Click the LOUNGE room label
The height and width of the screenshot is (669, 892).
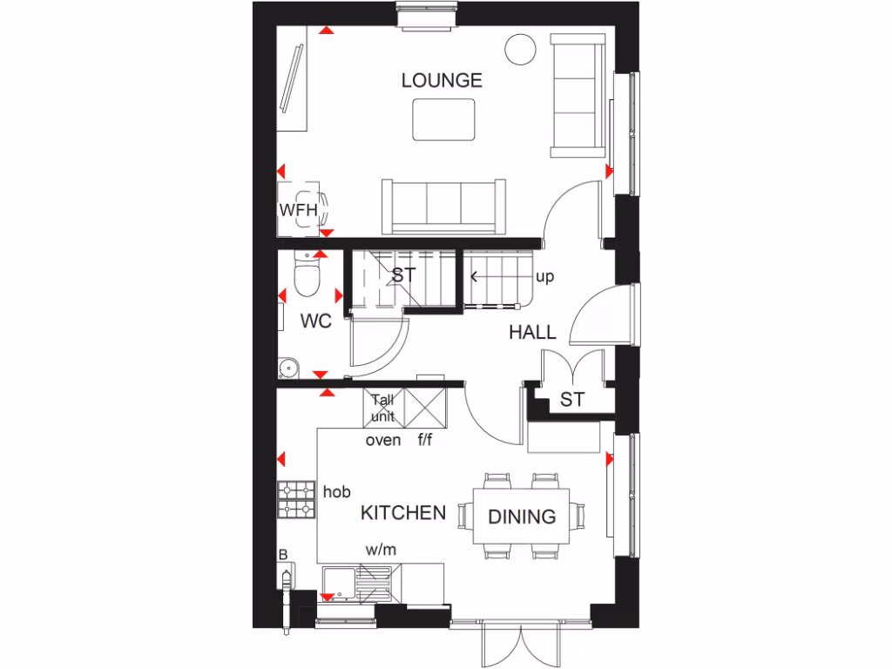[442, 81]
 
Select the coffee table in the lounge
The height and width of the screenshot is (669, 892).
[443, 119]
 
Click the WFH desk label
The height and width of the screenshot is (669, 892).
[298, 210]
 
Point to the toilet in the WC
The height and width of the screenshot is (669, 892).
[306, 277]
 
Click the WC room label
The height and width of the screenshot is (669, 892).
[315, 321]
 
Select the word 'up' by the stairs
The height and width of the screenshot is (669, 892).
[545, 277]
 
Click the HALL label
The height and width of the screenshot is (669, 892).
[532, 333]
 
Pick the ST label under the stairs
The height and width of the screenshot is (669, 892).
[402, 275]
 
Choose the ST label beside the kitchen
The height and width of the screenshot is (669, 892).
[571, 400]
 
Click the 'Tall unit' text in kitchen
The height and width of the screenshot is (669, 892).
[382, 408]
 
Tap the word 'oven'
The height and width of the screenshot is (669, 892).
[383, 440]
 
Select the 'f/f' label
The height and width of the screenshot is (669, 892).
[423, 440]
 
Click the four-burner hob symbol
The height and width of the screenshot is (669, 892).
[296, 501]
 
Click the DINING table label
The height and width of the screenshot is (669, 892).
[521, 517]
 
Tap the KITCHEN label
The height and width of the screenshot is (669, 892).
[403, 513]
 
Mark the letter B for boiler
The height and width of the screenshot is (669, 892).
[282, 554]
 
